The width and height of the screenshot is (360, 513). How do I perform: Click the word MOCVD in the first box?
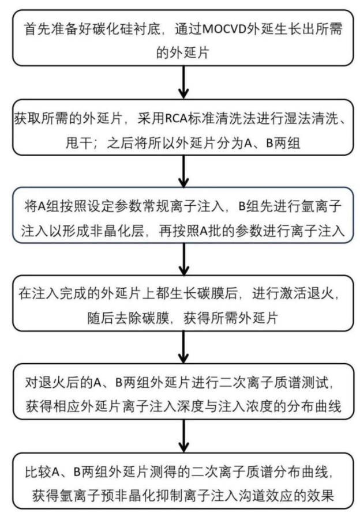(x=225, y=29)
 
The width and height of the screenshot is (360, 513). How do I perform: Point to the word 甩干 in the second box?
(x=78, y=143)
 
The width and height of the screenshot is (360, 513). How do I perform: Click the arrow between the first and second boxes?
(x=183, y=82)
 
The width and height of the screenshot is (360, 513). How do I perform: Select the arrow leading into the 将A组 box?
(x=183, y=171)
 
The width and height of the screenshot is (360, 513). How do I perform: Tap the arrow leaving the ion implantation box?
(x=183, y=259)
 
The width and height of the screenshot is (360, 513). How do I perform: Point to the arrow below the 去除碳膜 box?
(x=183, y=347)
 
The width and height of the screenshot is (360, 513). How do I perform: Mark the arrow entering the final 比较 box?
(x=183, y=436)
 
